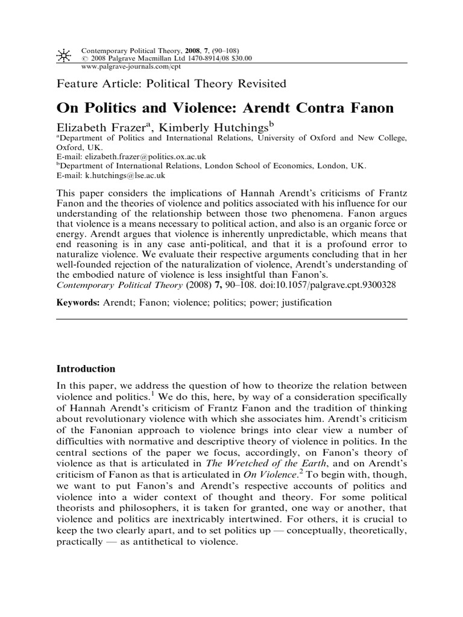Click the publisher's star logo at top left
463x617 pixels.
(63, 55)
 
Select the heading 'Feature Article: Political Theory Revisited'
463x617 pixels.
(171, 84)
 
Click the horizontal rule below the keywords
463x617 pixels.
(231, 320)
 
